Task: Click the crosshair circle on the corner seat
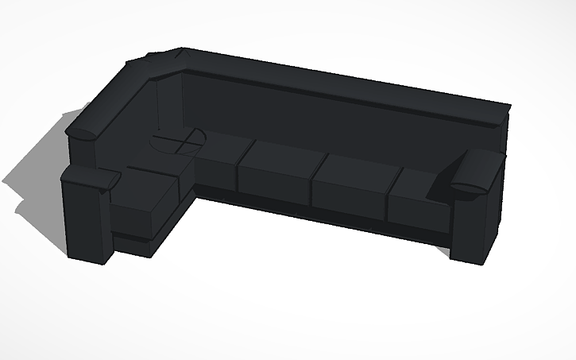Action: point(178,142)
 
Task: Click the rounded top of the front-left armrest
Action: point(87,176)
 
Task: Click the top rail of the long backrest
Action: point(342,83)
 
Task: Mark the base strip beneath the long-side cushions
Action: point(318,215)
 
